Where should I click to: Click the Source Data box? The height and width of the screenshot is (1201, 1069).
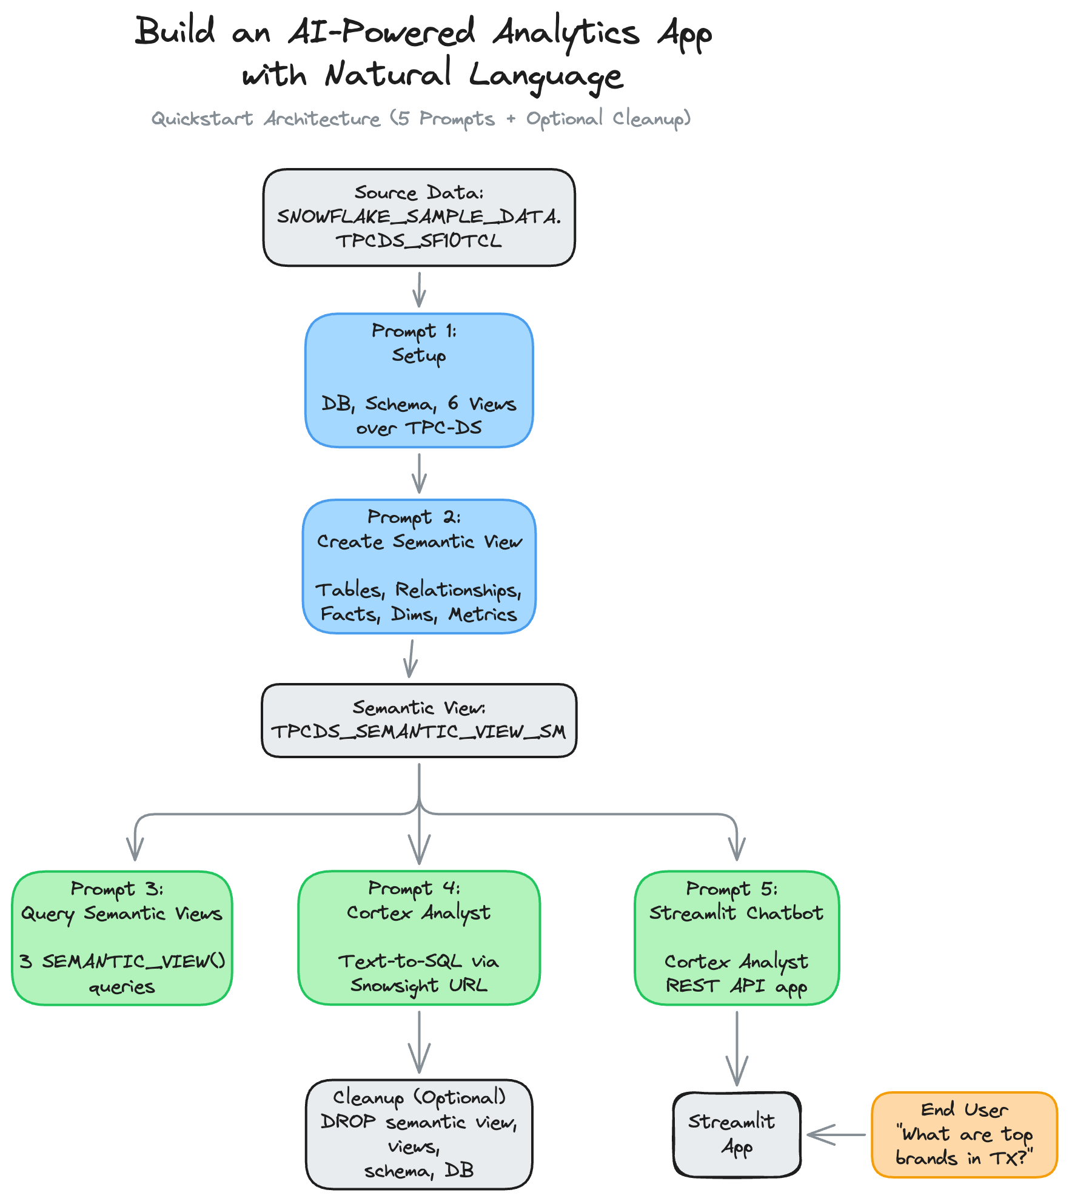418,217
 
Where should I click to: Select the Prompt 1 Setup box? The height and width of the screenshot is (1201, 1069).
418,380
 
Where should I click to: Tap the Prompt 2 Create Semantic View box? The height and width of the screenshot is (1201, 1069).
418,566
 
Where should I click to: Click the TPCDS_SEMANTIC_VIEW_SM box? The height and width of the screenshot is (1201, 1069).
418,721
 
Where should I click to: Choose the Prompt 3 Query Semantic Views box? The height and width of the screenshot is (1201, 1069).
122,938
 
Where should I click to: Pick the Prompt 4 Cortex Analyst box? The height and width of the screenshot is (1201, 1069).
418,938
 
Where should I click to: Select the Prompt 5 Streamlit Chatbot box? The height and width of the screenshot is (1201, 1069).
736,938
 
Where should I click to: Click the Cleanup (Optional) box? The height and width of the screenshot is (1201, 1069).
418,1134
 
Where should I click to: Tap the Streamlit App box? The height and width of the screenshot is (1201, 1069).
736,1134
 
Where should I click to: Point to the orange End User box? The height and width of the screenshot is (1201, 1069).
964,1134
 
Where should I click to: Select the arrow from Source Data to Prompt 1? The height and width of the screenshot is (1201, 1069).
419,289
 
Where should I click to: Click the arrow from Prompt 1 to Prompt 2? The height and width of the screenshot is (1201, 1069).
419,473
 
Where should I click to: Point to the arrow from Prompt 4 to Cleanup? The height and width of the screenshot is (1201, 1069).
419,1041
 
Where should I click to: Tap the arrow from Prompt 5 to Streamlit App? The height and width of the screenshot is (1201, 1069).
737,1048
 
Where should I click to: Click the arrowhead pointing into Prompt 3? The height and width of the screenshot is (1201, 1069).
135,849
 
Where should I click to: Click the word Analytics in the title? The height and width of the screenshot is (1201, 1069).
566,33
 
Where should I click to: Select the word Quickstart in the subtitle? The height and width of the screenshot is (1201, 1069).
202,118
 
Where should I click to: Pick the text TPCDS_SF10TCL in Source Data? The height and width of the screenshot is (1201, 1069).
418,241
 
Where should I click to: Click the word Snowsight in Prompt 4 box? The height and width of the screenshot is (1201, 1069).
394,986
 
